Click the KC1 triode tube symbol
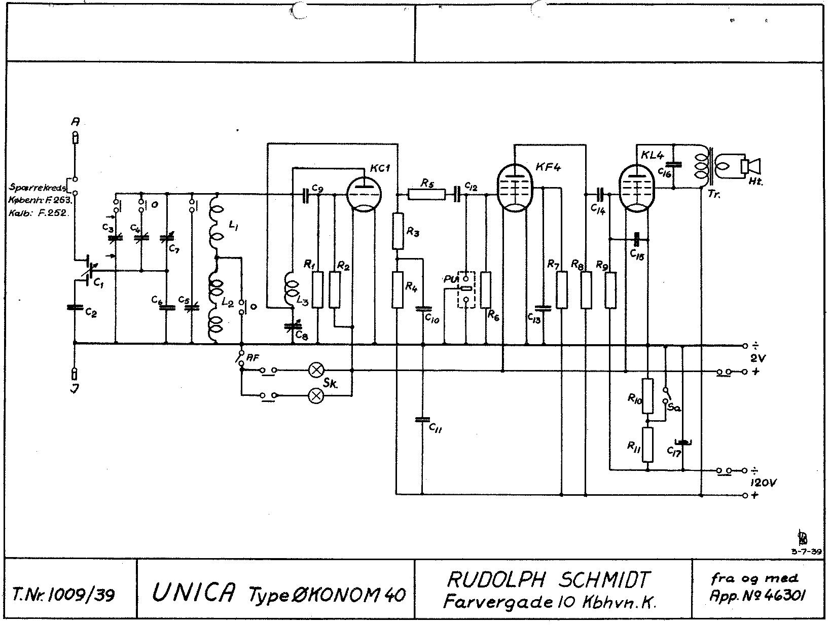click(x=364, y=193)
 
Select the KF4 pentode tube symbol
click(x=515, y=188)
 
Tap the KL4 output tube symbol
click(x=637, y=188)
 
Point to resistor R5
click(x=426, y=194)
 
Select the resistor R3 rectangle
click(x=398, y=231)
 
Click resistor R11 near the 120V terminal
click(x=647, y=445)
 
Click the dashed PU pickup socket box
click(x=466, y=290)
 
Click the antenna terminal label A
click(x=75, y=122)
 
